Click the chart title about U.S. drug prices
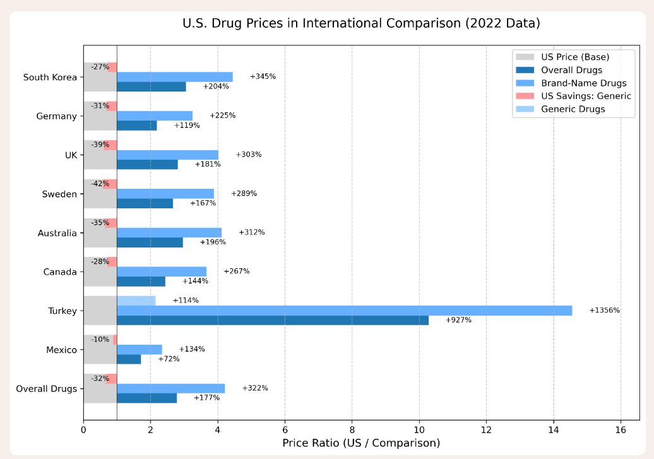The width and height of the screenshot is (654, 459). [x=361, y=24]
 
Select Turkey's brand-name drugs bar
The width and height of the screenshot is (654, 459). [x=344, y=311]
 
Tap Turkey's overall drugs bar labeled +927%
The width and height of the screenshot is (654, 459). [x=273, y=320]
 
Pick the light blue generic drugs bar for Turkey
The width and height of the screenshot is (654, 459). [x=136, y=301]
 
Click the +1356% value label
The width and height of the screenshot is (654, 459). [x=604, y=311]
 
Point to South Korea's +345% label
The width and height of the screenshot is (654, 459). [x=263, y=76]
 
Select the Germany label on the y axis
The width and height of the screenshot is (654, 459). [x=56, y=116]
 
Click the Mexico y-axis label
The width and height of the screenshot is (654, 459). [x=61, y=350]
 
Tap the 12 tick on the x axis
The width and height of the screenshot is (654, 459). [x=486, y=430]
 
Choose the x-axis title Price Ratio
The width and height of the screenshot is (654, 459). [x=361, y=443]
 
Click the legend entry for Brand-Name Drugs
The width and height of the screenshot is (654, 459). [x=583, y=83]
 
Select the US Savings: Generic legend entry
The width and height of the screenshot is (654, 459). [x=586, y=96]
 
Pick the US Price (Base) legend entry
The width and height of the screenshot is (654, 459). [x=575, y=57]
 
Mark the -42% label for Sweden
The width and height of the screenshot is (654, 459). [x=100, y=184]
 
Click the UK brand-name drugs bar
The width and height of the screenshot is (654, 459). [x=167, y=155]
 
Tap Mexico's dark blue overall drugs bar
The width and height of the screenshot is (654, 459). [x=129, y=359]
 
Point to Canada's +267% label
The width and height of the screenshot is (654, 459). [x=237, y=271]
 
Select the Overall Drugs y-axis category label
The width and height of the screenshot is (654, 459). [x=46, y=388]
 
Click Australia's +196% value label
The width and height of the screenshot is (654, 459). [x=213, y=242]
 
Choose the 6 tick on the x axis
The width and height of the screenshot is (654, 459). [x=285, y=430]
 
